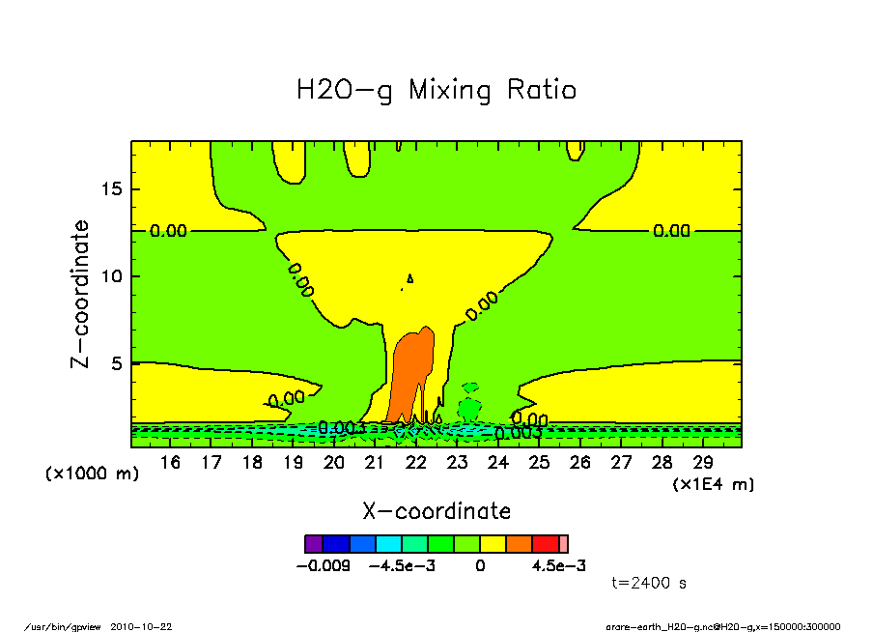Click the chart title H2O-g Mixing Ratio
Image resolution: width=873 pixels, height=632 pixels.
pos(436,91)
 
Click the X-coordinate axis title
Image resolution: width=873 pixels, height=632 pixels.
pos(436,511)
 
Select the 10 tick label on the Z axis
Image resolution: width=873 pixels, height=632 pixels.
pos(111,276)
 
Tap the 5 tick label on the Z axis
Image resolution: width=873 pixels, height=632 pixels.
pos(116,363)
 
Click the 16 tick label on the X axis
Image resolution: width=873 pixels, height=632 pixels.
pos(170,463)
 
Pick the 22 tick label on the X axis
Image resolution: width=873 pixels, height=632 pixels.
pos(416,463)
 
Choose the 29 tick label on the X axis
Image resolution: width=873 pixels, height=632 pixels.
pos(703,463)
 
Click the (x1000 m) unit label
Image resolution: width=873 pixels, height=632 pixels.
pos(93,474)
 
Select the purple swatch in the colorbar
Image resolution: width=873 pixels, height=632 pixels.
pos(313,544)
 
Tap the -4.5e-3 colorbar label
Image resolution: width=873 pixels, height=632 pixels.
pos(403,565)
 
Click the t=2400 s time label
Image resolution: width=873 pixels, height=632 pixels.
pos(650,583)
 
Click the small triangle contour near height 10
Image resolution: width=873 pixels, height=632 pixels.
pos(410,278)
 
